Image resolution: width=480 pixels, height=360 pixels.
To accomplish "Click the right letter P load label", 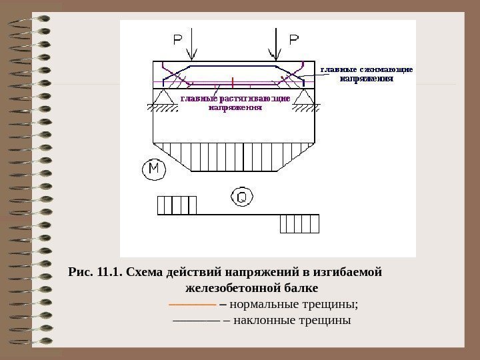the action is click(293, 41).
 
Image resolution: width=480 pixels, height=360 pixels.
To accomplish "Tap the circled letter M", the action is click(153, 170).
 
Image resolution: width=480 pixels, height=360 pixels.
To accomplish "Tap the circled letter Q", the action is click(241, 197).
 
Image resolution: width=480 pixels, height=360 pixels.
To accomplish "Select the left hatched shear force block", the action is click(177, 205).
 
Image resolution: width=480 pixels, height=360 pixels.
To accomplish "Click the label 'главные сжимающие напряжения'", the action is click(367, 73).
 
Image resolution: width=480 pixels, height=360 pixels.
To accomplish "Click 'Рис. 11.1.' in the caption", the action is click(95, 273).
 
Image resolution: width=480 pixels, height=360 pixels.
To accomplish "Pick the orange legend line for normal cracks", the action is click(192, 305).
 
